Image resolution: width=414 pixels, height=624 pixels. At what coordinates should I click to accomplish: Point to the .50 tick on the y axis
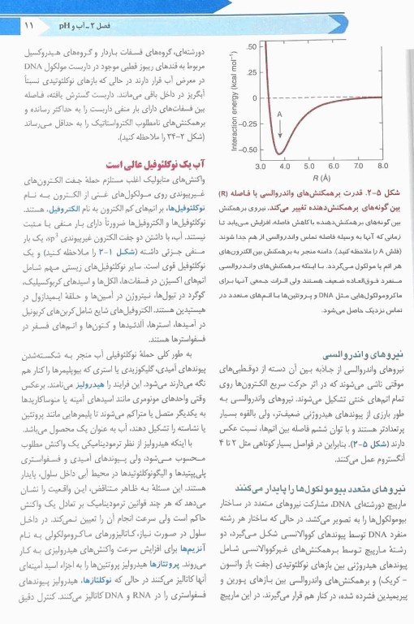pyautogui.click(x=251, y=46)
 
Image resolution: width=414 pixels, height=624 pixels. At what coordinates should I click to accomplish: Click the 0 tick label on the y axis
pyautogui.click(x=253, y=98)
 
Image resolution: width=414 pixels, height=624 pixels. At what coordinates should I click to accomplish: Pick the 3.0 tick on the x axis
pyautogui.click(x=261, y=166)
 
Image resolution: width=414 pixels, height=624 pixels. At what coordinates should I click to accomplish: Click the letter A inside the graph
pyautogui.click(x=279, y=115)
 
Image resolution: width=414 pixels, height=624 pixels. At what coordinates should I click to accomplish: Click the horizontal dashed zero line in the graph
pyautogui.click(x=341, y=98)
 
